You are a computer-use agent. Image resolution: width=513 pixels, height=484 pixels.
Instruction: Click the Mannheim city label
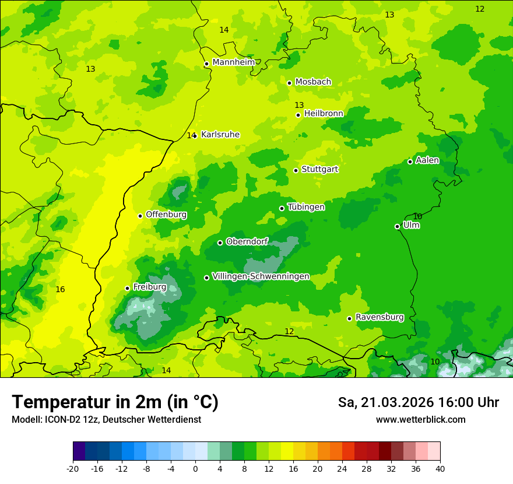(233, 62)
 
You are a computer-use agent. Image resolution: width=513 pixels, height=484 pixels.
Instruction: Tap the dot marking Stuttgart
(296, 170)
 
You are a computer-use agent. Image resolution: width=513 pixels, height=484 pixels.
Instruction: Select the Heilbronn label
(324, 114)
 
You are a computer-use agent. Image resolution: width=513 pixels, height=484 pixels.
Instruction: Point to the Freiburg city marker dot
(128, 288)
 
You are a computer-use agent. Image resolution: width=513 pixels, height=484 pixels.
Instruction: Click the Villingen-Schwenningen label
(261, 276)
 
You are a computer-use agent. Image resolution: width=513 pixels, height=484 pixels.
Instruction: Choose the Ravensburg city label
(379, 317)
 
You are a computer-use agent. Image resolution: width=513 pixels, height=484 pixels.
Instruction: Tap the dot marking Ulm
(398, 226)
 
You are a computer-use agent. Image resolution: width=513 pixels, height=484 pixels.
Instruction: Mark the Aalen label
(427, 160)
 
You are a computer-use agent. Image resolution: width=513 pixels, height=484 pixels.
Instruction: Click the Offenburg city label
(166, 215)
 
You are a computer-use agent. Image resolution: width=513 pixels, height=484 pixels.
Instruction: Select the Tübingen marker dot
(282, 208)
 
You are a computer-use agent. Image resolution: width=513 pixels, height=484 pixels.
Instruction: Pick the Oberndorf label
(247, 241)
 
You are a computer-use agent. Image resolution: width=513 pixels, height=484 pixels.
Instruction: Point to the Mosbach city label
(313, 82)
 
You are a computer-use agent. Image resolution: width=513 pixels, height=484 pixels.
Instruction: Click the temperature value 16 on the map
(60, 289)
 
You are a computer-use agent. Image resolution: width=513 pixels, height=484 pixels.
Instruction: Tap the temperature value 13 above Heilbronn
(299, 105)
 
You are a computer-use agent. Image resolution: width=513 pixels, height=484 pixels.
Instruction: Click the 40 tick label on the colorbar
(440, 469)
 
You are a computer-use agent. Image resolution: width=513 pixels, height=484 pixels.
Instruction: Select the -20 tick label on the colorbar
(73, 469)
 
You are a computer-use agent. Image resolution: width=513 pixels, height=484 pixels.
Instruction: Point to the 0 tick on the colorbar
(195, 469)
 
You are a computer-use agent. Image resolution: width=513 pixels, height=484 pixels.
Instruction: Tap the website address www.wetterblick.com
(420, 419)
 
